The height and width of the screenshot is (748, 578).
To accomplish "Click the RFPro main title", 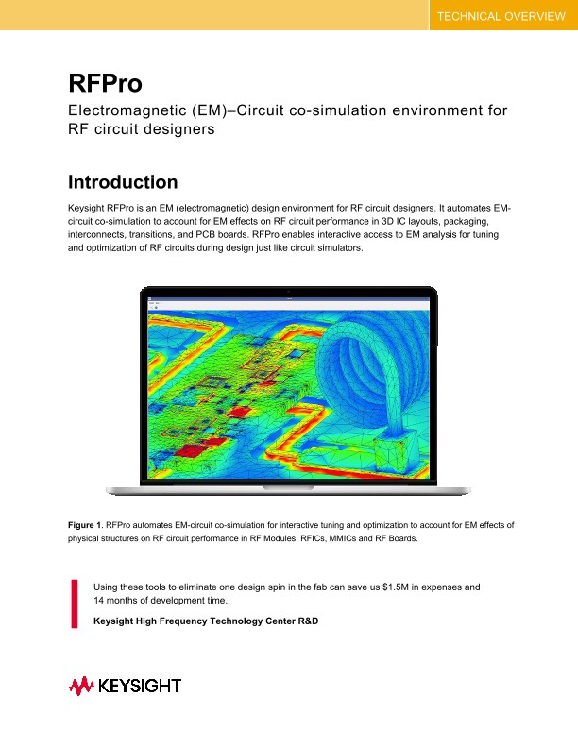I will pyautogui.click(x=105, y=83).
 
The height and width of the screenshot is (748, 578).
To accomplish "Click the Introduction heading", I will pyautogui.click(x=123, y=182).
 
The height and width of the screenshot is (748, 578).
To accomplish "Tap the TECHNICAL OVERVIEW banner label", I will pyautogui.click(x=501, y=16).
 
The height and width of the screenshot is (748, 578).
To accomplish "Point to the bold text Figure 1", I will pyautogui.click(x=85, y=523).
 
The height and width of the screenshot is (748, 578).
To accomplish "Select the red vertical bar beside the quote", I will pyautogui.click(x=75, y=602).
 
